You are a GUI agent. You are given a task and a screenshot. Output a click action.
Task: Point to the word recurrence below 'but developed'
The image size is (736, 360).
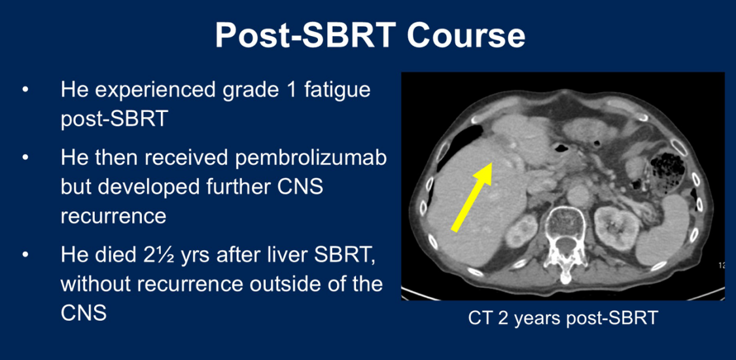pyautogui.click(x=113, y=217)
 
